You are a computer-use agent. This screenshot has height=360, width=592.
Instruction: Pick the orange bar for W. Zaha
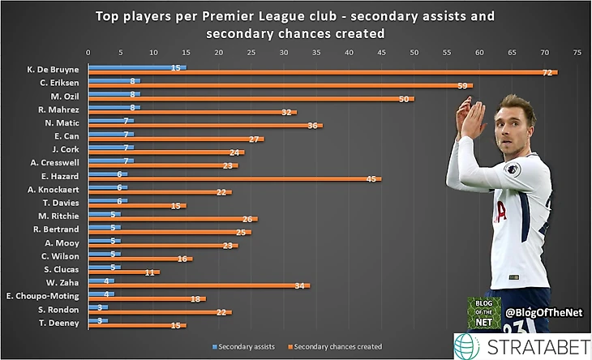click(x=198, y=285)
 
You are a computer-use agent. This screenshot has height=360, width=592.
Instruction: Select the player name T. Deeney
click(x=60, y=323)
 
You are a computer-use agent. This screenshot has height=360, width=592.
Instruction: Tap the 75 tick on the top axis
click(x=577, y=54)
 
